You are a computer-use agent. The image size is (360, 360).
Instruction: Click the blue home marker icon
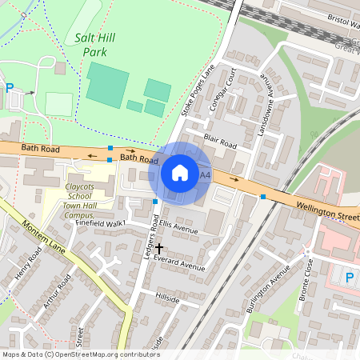click(x=180, y=173)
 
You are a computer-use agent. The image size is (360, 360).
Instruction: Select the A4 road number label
click(x=206, y=174)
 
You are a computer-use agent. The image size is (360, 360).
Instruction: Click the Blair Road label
click(x=220, y=142)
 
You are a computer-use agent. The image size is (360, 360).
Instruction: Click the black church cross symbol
click(x=159, y=249)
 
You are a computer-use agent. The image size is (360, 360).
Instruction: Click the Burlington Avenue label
click(x=267, y=286)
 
